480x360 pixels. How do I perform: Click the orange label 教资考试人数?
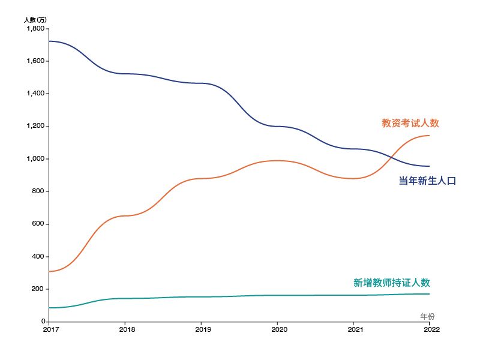coord(410,123)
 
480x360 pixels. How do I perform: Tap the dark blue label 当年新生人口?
coord(427,181)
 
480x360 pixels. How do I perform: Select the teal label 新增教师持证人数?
coord(392,283)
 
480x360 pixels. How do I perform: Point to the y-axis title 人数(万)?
coord(35,20)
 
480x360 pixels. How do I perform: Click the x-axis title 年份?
coord(427,316)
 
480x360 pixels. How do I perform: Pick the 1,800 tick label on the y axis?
coord(35,28)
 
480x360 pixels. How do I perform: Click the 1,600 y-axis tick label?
coord(35,61)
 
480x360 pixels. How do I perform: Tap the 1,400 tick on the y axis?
coord(35,94)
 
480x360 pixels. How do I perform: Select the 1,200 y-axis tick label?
coord(35,126)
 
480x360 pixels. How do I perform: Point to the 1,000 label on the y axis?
coord(35,158)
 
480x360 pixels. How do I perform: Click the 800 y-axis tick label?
coord(38,191)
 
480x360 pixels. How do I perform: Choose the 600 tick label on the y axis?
coord(38,224)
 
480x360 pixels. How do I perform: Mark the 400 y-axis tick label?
coord(38,257)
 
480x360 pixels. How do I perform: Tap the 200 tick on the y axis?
coord(38,289)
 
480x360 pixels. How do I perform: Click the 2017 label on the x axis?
coord(51,329)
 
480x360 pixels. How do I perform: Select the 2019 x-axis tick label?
coord(203,329)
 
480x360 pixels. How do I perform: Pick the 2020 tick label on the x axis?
coord(279,329)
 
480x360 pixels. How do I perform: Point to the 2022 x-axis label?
coord(431,329)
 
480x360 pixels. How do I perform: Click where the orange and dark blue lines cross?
coord(391,157)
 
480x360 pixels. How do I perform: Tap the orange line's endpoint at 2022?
coord(430,136)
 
